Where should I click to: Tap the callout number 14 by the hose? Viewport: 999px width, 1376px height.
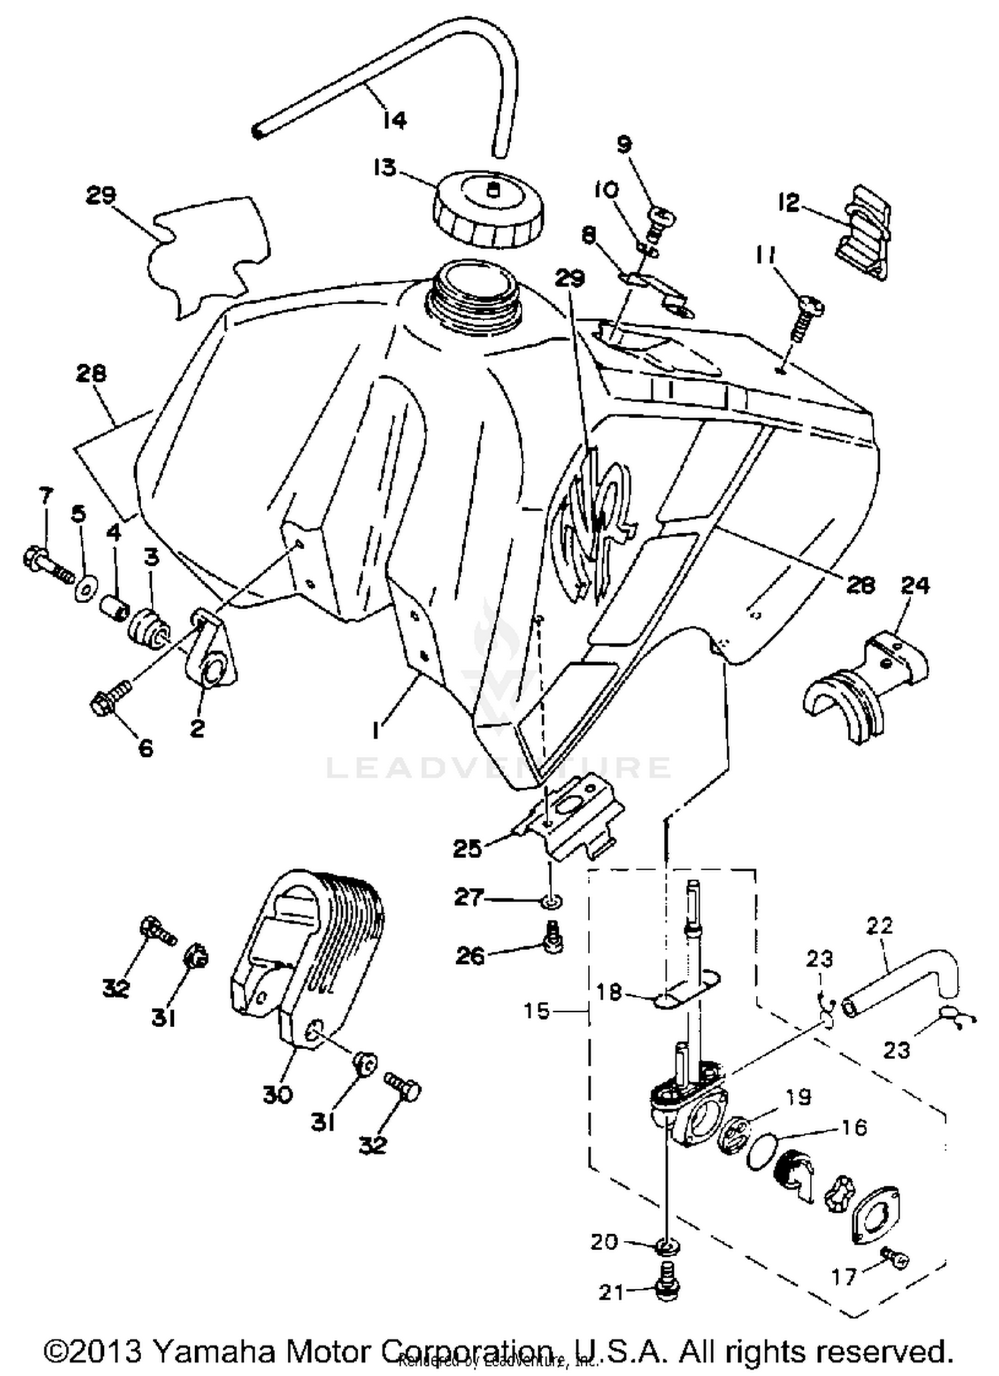(x=395, y=120)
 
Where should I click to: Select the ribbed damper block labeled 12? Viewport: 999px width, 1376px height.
(x=863, y=232)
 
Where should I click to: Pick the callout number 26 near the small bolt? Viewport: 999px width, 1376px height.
(x=470, y=957)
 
